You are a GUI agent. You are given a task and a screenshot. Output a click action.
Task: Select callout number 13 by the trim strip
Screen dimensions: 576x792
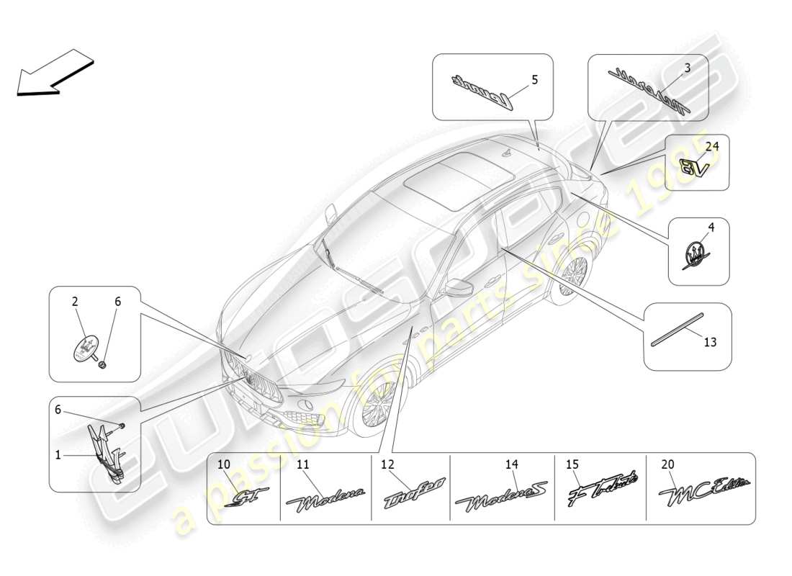(x=710, y=343)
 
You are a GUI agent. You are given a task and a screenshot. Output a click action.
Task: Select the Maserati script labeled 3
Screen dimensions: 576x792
(x=648, y=90)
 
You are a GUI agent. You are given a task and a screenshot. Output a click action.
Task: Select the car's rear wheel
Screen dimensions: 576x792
(x=572, y=278)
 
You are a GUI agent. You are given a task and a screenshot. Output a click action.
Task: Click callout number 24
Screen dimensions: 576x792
(x=711, y=145)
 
